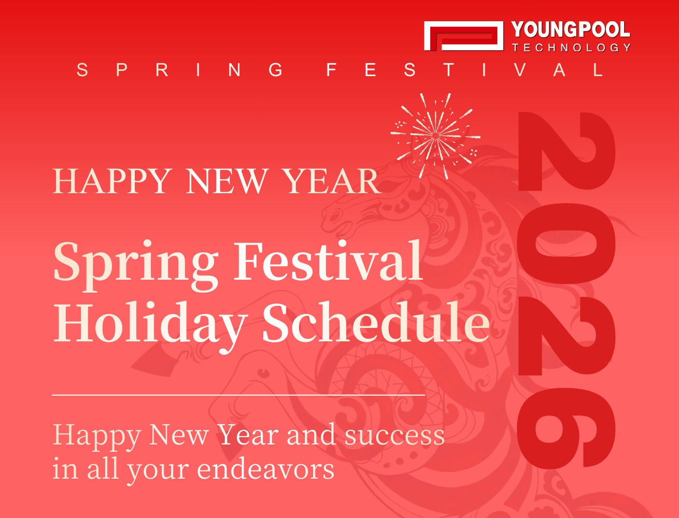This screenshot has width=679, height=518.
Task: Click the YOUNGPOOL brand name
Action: pos(571,30)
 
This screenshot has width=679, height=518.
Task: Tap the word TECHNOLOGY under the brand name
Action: pos(571,48)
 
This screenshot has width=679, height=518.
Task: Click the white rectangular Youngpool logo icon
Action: pos(463,36)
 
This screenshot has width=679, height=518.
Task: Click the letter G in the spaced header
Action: pos(276,70)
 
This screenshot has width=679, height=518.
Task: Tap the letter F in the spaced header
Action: pos(332,70)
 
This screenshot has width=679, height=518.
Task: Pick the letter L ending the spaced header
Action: pos(599,70)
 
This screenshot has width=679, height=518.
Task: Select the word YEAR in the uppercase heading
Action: pos(332,181)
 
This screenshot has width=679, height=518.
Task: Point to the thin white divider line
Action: pos(238,395)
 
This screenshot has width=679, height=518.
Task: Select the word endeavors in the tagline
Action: pos(265,469)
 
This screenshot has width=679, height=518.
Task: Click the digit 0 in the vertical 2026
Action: pos(566,243)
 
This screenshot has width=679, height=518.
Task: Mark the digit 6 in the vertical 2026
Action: pos(566,427)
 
